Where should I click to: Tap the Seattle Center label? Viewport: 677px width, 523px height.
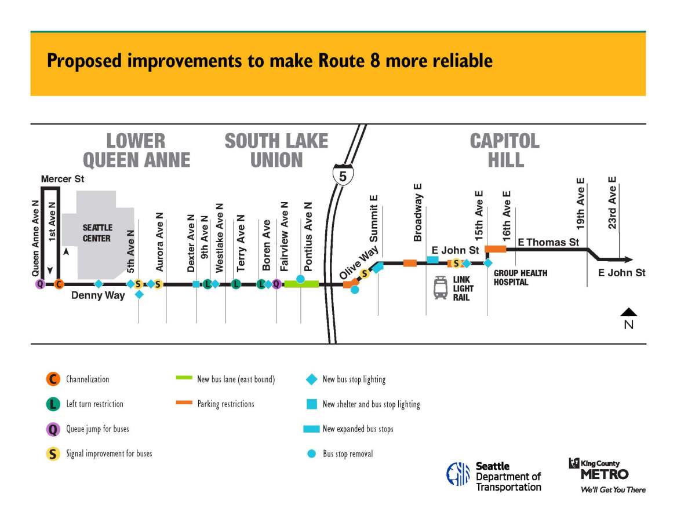[97, 233]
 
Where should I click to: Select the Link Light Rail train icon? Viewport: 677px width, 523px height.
[441, 288]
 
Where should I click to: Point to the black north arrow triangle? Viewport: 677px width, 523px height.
[628, 312]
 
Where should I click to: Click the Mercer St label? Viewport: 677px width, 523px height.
[62, 180]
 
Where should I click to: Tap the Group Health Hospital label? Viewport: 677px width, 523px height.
[520, 277]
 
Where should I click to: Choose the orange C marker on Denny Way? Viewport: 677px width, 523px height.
[59, 284]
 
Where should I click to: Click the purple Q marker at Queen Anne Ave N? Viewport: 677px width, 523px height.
[39, 284]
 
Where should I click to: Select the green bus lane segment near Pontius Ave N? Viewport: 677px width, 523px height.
[301, 284]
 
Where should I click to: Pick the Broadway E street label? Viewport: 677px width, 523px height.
[417, 213]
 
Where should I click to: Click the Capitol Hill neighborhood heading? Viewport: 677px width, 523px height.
[505, 149]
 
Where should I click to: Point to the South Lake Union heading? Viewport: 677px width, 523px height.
[276, 149]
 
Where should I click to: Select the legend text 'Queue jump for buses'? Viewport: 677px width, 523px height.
[97, 429]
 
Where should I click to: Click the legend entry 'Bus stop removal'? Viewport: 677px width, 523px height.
[347, 454]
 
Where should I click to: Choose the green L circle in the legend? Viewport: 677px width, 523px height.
[53, 404]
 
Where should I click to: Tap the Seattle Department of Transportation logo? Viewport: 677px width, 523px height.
[493, 476]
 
